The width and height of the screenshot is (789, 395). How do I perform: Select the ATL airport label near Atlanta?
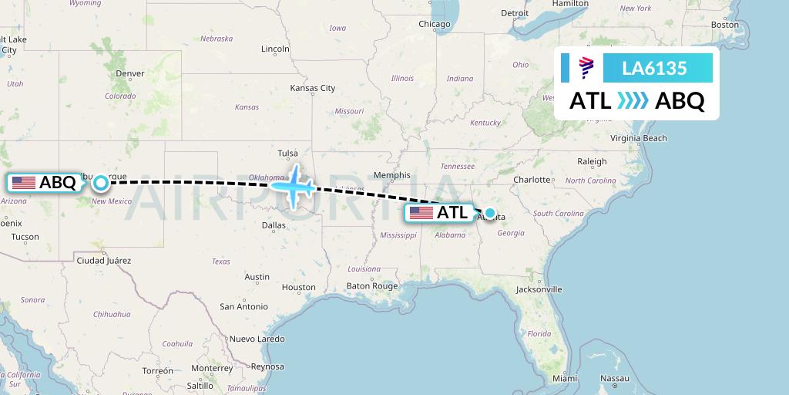point(452,213)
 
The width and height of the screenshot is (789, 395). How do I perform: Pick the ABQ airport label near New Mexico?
point(57,183)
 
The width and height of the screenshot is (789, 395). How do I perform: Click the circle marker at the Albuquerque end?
point(101,183)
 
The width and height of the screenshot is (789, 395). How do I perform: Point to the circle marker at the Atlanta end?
point(489,213)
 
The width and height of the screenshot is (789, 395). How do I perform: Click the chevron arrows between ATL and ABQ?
point(633,101)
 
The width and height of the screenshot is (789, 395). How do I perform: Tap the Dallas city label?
point(274,225)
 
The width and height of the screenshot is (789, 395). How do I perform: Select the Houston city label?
point(299,287)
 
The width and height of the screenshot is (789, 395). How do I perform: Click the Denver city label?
point(130,73)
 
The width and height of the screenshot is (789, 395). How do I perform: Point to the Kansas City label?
point(312,88)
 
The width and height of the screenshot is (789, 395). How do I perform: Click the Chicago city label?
point(434,24)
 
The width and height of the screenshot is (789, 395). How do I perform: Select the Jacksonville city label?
point(539,289)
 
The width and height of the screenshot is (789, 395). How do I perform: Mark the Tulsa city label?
point(287,153)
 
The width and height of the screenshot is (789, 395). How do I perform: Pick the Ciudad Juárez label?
point(103,261)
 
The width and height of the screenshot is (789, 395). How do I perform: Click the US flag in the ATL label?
point(421,213)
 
